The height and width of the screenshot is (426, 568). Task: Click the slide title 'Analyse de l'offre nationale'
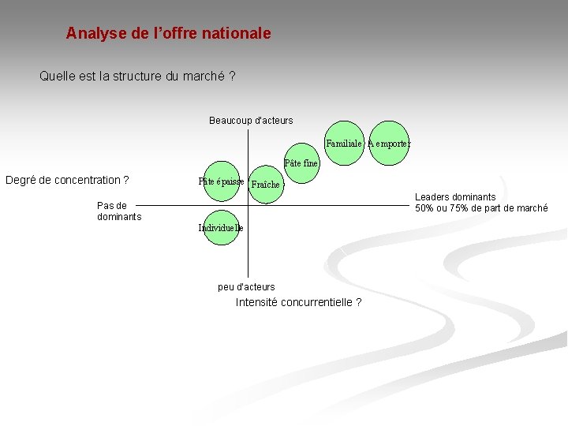coord(168,33)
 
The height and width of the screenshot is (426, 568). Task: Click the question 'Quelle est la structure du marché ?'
coord(137,77)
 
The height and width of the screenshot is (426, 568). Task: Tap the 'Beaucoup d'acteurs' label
coord(251,121)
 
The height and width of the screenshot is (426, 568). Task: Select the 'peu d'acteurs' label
coord(246,286)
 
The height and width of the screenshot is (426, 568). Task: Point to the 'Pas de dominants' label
coord(119,211)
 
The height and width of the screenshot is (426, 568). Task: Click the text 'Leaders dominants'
coord(455,197)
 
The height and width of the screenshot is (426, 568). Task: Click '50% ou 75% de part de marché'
coord(481,208)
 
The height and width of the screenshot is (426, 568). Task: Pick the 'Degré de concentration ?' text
coord(67,180)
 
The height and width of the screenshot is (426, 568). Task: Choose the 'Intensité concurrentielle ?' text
coord(299,302)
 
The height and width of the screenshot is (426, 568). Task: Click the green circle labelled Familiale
coord(344,144)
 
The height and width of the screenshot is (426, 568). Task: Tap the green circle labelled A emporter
coord(389,144)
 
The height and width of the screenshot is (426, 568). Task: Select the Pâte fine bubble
coord(301,163)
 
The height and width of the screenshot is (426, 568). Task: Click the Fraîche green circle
coord(266,184)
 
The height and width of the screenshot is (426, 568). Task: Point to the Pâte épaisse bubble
coord(221,181)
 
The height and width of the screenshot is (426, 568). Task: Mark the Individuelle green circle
coord(221,227)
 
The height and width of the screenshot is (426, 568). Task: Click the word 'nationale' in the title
coord(236,33)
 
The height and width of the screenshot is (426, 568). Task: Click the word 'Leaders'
coord(432,197)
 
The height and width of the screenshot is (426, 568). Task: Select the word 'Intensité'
coord(256,302)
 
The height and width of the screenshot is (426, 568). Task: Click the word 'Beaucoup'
coord(230,121)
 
